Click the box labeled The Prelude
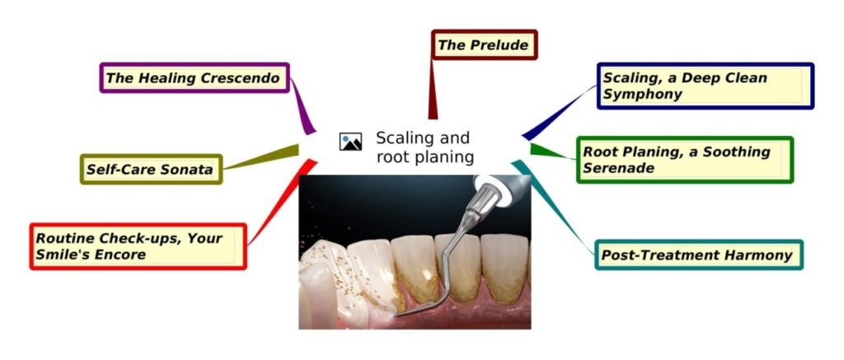coord(484,45)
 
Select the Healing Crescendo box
coord(195,78)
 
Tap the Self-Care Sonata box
coord(151,170)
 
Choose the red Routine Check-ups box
coord(138,246)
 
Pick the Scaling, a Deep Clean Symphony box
coord(704,86)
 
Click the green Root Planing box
coord(684,160)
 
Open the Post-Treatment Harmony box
coord(697,255)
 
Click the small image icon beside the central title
coord(351,142)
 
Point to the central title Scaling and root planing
coord(424,147)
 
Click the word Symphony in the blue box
coord(643,94)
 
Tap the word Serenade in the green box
coord(618,168)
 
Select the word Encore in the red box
coord(119,255)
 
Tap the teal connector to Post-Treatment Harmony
coord(556,206)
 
